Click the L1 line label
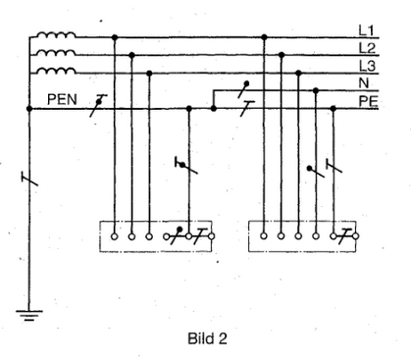[x=366, y=30]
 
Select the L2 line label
[x=367, y=48]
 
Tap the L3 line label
[x=367, y=66]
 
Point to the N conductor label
[x=364, y=83]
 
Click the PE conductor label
[x=369, y=101]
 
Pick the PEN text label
[x=62, y=99]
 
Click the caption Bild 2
[x=207, y=338]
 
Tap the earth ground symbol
[x=29, y=315]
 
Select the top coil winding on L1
[x=56, y=35]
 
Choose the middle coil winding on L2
[x=56, y=52]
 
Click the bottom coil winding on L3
[x=56, y=71]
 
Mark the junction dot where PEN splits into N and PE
[x=214, y=108]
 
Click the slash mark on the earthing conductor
[x=29, y=179]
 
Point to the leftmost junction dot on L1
[x=115, y=37]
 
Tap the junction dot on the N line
[x=316, y=90]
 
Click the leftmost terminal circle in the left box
[x=114, y=236]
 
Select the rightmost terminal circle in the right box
[x=356, y=236]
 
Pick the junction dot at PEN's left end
[x=29, y=108]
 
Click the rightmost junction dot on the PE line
[x=334, y=108]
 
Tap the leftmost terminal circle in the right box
[x=264, y=236]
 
